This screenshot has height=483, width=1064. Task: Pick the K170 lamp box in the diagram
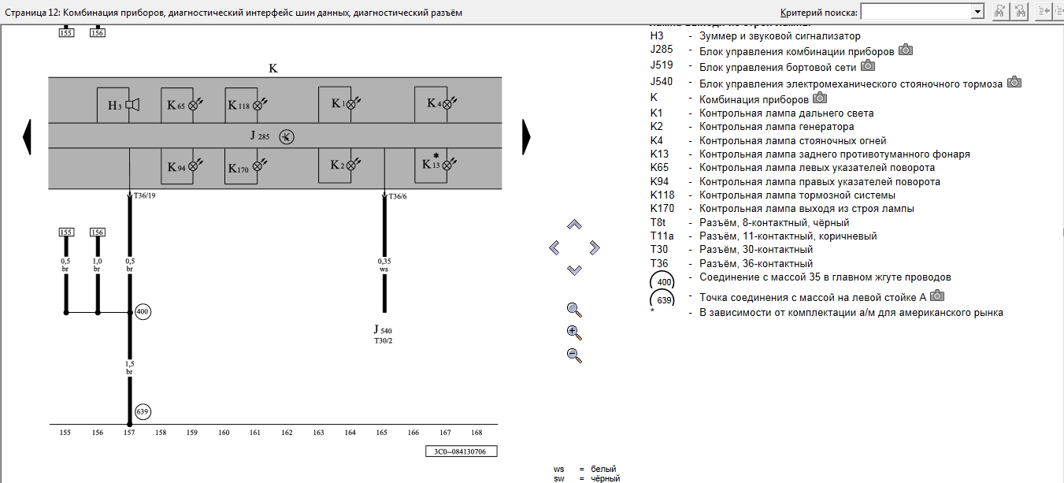pyautogui.click(x=246, y=166)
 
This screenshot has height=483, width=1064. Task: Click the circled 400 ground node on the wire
pyautogui.click(x=143, y=312)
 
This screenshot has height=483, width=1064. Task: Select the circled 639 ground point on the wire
pyautogui.click(x=143, y=411)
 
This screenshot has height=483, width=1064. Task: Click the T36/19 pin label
pyautogui.click(x=145, y=196)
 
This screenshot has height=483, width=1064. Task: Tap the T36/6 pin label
pyautogui.click(x=399, y=196)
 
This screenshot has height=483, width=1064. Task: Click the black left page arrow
pyautogui.click(x=28, y=137)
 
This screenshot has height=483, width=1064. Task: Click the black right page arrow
pyautogui.click(x=526, y=137)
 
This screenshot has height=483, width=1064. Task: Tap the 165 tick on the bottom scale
pyautogui.click(x=382, y=433)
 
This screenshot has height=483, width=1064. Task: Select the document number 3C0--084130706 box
pyautogui.click(x=461, y=451)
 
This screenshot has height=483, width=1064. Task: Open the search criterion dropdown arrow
pyautogui.click(x=978, y=11)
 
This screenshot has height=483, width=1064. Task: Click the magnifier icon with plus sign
pyautogui.click(x=574, y=332)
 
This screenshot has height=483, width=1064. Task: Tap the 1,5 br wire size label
pyautogui.click(x=129, y=366)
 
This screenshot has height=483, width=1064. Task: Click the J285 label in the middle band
pyautogui.click(x=261, y=136)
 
